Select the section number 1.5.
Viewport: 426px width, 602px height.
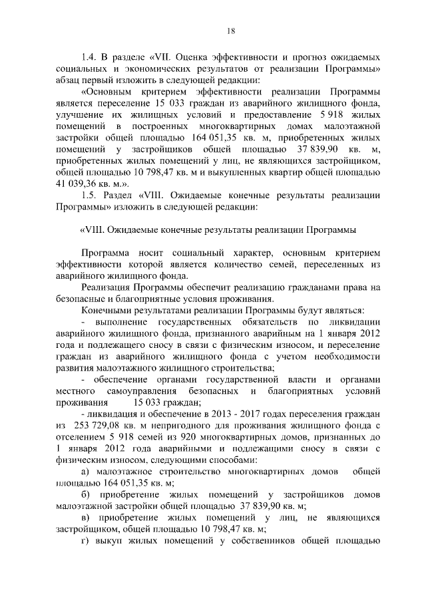91,195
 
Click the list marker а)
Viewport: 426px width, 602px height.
86,471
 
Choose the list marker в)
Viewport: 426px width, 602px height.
86,517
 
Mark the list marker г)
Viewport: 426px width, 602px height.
85,540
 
